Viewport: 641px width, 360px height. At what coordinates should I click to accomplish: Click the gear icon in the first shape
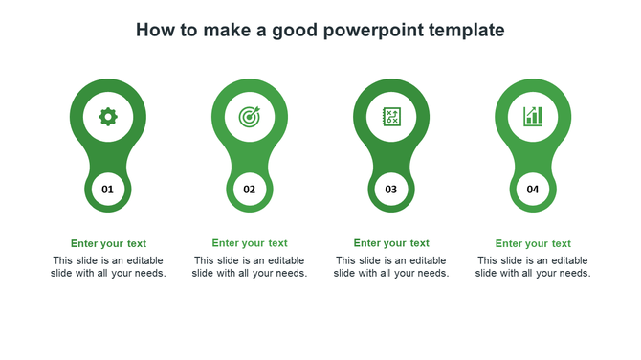coord(108,117)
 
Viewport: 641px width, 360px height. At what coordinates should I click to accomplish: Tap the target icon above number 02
coord(250,117)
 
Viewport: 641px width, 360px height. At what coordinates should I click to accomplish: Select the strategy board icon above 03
coord(391,117)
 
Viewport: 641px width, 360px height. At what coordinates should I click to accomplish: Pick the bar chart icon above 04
coord(533,117)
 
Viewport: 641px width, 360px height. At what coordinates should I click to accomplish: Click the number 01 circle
coord(108,190)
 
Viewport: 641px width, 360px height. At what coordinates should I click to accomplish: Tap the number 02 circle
coord(250,190)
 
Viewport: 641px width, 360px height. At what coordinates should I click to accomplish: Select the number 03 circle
coord(391,190)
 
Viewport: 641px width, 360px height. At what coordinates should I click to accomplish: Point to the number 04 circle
coord(533,190)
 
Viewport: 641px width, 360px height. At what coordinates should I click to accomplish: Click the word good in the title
coord(294,31)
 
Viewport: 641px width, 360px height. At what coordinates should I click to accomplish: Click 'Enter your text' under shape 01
coord(108,243)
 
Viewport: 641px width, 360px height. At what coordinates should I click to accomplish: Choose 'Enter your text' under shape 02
coord(250,243)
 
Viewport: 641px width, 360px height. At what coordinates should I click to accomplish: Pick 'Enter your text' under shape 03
coord(391,243)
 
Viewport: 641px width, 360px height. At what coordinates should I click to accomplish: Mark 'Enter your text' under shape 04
coord(533,243)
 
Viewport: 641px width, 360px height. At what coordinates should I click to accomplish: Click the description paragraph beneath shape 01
coord(108,267)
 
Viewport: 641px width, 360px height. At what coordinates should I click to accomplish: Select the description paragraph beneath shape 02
coord(250,267)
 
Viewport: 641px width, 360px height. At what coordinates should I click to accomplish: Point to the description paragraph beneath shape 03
coord(391,267)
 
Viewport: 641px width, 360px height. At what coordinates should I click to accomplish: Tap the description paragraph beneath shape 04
coord(533,267)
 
